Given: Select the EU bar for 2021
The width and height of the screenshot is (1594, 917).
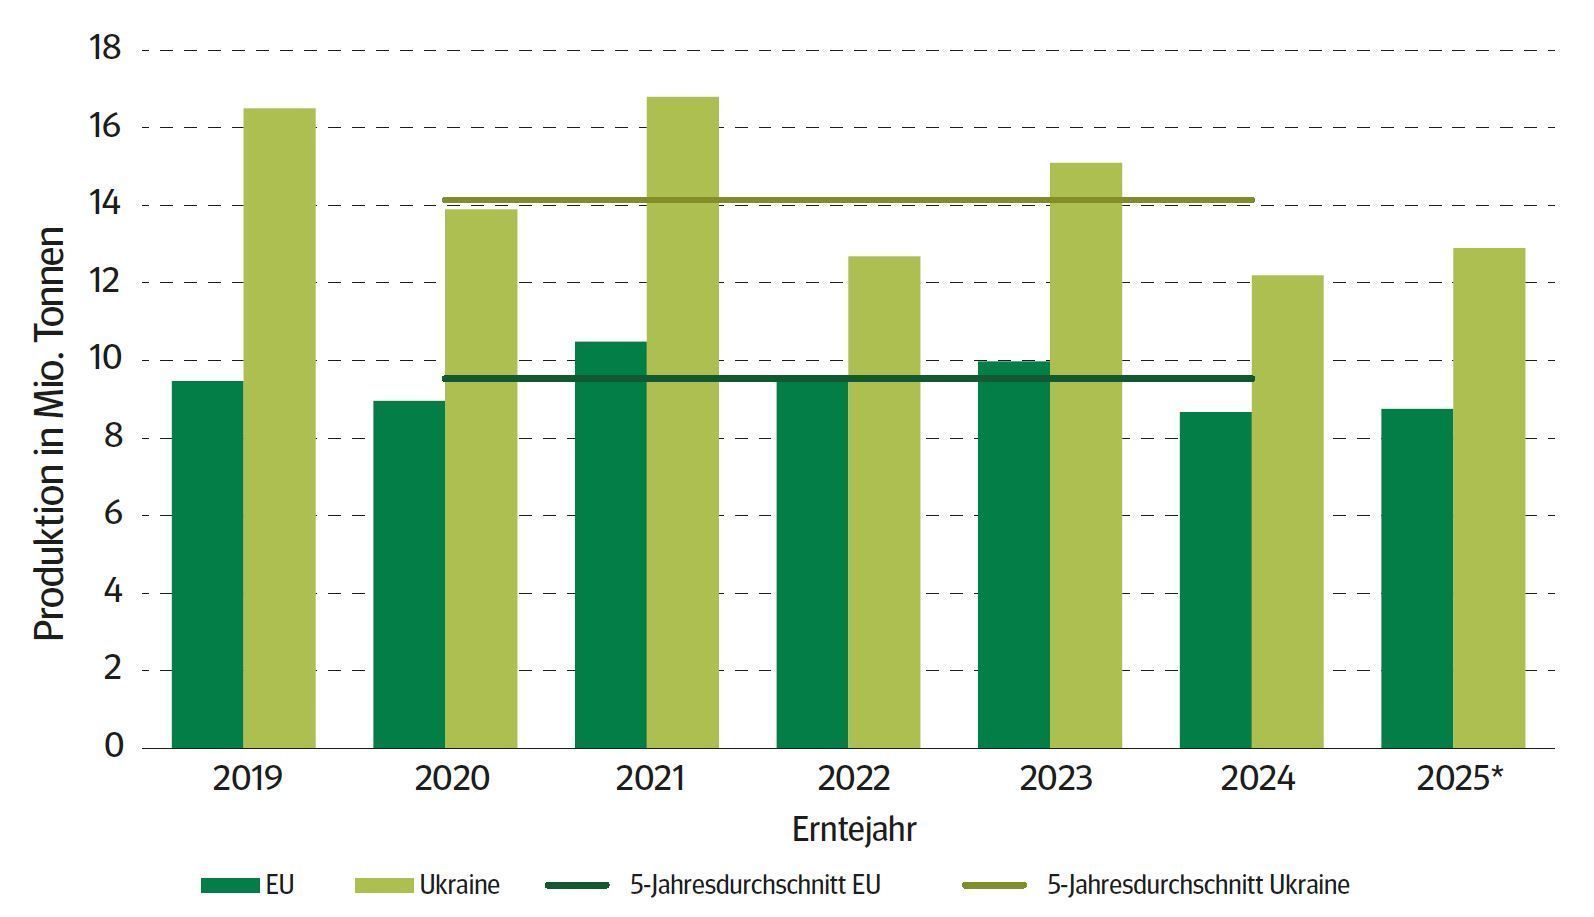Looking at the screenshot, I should pos(610,545).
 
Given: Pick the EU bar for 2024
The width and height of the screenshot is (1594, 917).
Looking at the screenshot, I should pos(1215,580).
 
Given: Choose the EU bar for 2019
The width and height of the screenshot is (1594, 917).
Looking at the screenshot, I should pos(207,564).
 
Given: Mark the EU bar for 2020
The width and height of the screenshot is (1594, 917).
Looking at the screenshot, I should pos(409,574).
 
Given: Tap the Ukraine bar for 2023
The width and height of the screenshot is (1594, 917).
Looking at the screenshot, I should pos(1085,455).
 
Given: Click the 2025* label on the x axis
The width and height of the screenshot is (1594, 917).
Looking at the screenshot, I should pos(1459,779).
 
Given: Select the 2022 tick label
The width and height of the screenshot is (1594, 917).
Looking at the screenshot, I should pos(853,779).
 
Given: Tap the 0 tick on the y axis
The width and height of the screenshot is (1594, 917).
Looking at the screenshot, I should pos(114,746).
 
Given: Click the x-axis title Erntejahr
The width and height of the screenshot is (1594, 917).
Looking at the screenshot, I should pos(853,829).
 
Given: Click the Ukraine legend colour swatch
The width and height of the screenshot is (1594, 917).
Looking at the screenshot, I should pos(384,885).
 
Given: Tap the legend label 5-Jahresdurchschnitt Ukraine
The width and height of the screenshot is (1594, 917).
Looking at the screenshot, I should pos(1198,885).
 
